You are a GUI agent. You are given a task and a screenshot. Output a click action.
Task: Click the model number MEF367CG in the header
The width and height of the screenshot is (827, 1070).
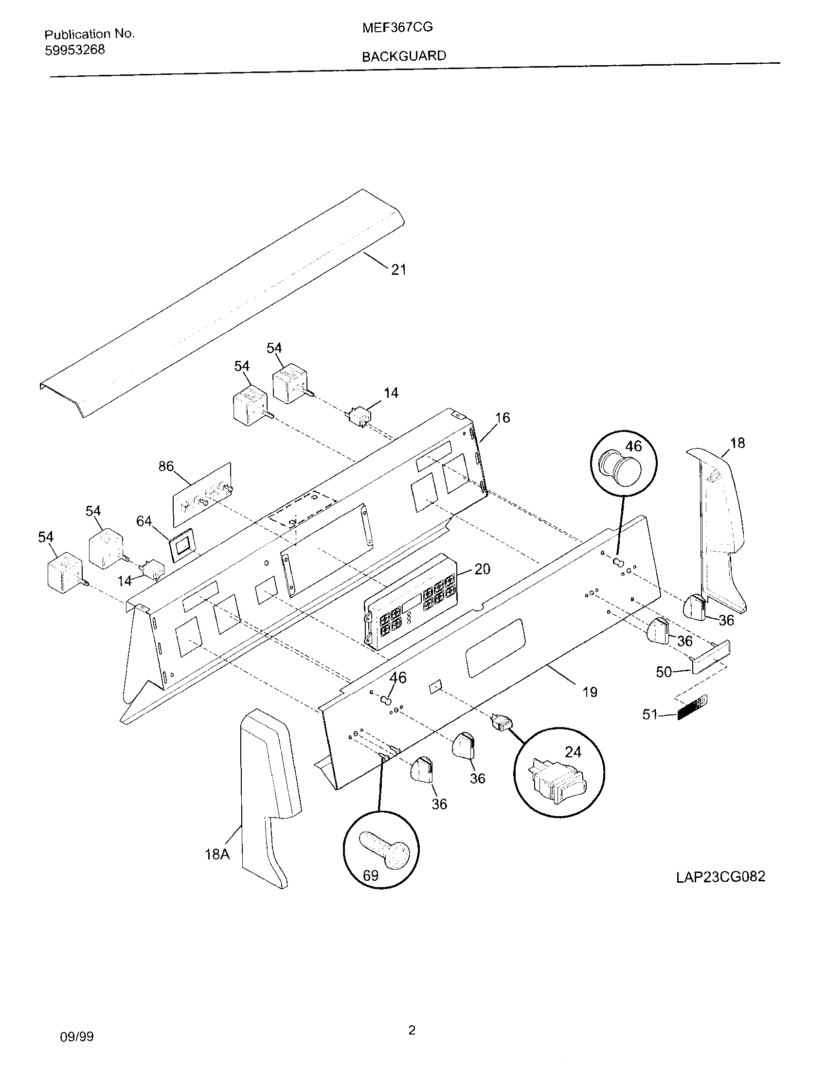pyautogui.click(x=397, y=27)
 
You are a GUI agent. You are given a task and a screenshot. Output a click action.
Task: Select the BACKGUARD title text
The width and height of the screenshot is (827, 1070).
pyautogui.click(x=404, y=56)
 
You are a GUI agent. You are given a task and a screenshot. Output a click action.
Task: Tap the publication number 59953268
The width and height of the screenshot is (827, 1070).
pyautogui.click(x=74, y=50)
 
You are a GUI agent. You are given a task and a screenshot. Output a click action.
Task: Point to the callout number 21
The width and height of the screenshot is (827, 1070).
pyautogui.click(x=398, y=269)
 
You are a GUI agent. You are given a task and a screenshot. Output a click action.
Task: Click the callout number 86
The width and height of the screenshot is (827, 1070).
pyautogui.click(x=166, y=466)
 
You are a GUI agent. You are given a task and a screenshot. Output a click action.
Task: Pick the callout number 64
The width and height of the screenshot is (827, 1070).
pyautogui.click(x=144, y=521)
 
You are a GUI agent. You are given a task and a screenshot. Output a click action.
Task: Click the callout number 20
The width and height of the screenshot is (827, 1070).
pyautogui.click(x=482, y=569)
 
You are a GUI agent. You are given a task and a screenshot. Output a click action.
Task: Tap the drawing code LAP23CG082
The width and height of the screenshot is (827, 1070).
pyautogui.click(x=720, y=876)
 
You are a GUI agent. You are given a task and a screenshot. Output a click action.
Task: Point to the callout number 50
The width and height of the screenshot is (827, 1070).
pyautogui.click(x=664, y=672)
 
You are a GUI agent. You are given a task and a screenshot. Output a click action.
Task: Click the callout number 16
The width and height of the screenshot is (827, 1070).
pyautogui.click(x=502, y=417)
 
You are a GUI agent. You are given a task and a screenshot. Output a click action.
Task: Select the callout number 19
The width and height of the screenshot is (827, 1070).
pyautogui.click(x=590, y=692)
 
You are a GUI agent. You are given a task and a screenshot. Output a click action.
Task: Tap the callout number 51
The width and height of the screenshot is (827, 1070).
pyautogui.click(x=649, y=715)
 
